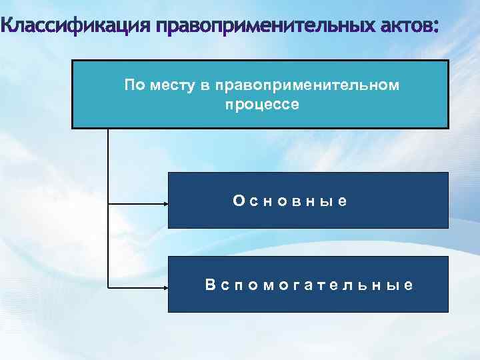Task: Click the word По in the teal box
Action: (133, 85)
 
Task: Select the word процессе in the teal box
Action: (263, 105)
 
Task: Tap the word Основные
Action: (290, 200)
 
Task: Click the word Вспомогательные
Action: (309, 285)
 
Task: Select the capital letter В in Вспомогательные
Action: (210, 285)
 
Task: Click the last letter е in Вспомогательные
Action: (409, 285)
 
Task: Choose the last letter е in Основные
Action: (342, 201)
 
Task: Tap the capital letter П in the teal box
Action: (129, 85)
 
